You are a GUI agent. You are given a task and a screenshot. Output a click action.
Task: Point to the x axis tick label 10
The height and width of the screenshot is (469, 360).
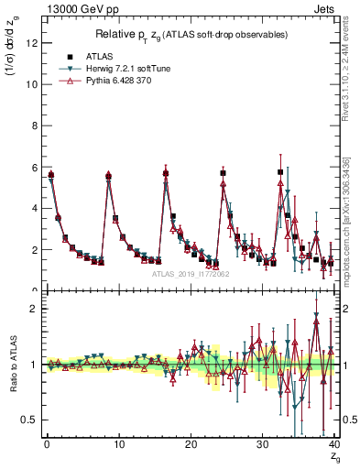116,442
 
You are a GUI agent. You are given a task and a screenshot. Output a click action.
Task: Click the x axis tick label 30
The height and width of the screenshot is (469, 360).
261,442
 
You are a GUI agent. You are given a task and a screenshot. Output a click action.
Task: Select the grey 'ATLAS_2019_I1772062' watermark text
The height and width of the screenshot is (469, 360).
190,273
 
